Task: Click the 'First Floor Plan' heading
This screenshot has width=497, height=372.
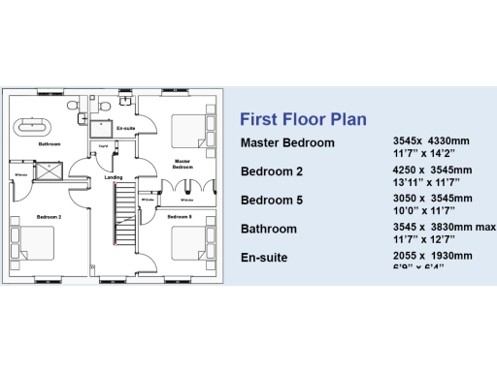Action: pyautogui.click(x=303, y=120)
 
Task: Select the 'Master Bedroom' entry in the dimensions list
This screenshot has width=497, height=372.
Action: pyautogui.click(x=287, y=143)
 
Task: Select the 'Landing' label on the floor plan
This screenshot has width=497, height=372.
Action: pyautogui.click(x=114, y=178)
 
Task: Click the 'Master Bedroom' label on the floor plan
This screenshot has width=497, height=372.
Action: pyautogui.click(x=182, y=164)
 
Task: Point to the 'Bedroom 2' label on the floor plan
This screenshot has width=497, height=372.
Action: pyautogui.click(x=49, y=217)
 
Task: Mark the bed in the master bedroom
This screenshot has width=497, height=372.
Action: pyautogui.click(x=186, y=129)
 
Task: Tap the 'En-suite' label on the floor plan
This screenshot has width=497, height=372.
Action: pyautogui.click(x=124, y=128)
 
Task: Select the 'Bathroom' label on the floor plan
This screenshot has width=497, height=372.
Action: pyautogui.click(x=49, y=144)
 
